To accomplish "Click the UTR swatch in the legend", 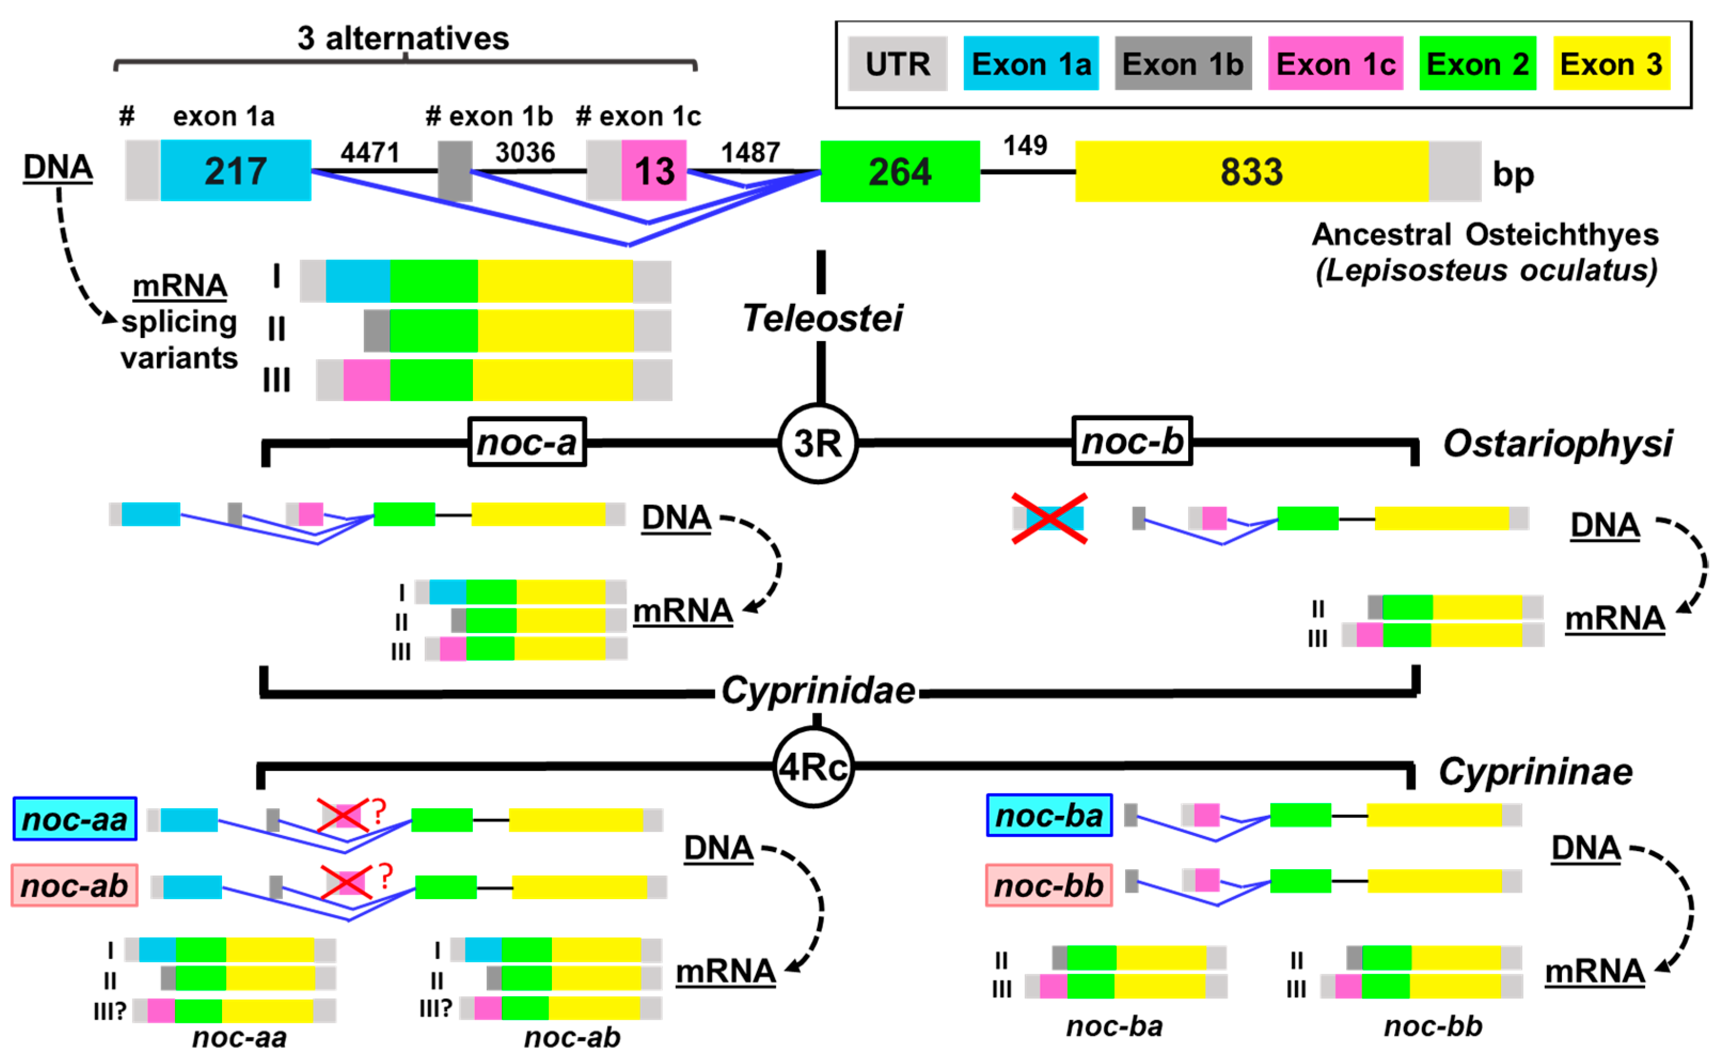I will tap(897, 64).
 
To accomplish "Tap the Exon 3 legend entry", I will tap(1610, 64).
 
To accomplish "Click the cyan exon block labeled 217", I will tap(236, 171).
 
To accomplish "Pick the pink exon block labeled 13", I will tap(654, 171).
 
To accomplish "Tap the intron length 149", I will tap(1024, 146).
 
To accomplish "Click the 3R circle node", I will tap(818, 443).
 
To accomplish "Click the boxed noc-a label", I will tap(527, 442).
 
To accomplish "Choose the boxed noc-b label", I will tap(1131, 441).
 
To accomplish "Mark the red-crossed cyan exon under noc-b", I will tap(1049, 518).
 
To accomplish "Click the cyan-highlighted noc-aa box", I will tap(75, 819).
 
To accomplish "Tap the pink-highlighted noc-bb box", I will tap(1048, 885).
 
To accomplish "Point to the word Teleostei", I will tap(822, 318).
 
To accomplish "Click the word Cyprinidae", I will tap(818, 690).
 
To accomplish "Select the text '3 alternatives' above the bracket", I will tap(402, 38).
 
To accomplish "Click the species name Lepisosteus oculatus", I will tap(1486, 270).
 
